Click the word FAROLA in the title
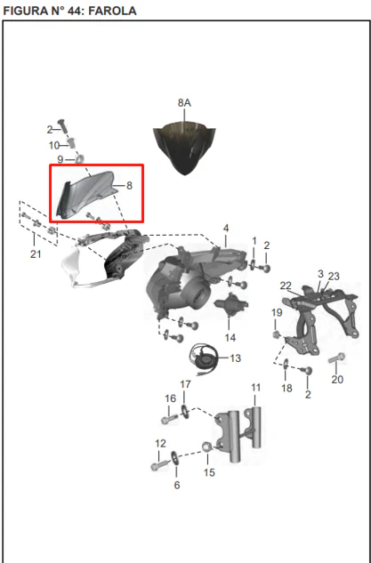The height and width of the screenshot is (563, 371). (112, 11)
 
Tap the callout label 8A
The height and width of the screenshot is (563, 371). (184, 103)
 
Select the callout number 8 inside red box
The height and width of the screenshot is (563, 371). (129, 186)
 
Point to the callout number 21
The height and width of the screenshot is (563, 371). (36, 254)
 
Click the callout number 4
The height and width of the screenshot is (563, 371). (226, 229)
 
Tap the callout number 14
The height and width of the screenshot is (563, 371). (230, 337)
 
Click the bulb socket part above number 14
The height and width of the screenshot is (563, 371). (230, 304)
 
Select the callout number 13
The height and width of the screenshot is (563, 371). (235, 358)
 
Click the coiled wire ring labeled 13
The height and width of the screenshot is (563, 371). (204, 356)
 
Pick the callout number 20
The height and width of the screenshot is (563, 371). (337, 379)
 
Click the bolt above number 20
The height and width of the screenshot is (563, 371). (337, 358)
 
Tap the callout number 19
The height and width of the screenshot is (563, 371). (277, 313)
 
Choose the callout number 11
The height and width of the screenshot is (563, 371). (255, 388)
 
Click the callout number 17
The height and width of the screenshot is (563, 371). (185, 384)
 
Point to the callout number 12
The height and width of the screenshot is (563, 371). (160, 444)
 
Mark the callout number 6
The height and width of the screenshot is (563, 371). (177, 486)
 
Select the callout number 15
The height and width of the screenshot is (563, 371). (209, 472)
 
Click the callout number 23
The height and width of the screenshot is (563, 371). (334, 276)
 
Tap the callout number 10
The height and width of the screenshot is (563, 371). (54, 145)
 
